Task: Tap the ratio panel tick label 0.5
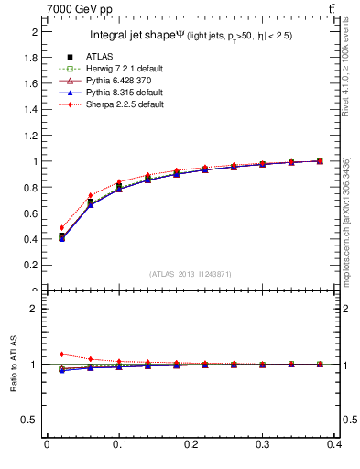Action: [x=30, y=420]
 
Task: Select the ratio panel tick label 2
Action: [x=35, y=309]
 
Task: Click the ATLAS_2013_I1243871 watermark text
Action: [x=191, y=274]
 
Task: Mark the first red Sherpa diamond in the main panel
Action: [x=61, y=228]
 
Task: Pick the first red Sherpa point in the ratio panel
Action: [x=61, y=354]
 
